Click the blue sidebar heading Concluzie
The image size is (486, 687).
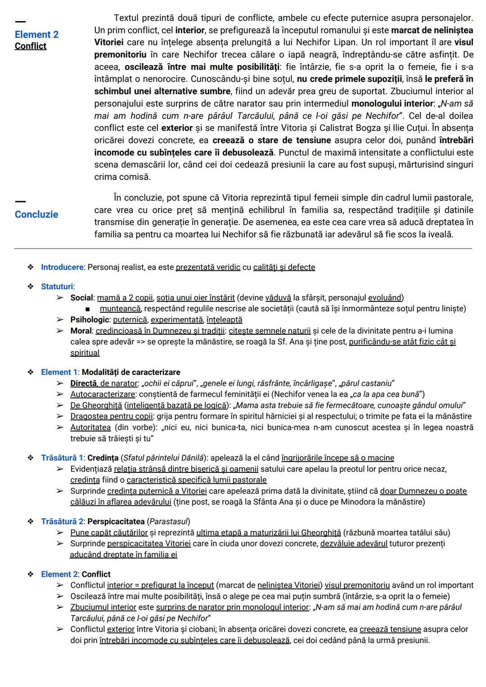tap(36, 214)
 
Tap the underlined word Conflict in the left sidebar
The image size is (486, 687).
tap(30, 46)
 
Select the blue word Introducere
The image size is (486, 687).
tap(62, 267)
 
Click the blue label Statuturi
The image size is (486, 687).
tap(57, 287)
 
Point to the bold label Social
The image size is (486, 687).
tap(82, 298)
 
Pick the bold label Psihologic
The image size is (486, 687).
tap(90, 320)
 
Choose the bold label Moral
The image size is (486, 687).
tap(81, 331)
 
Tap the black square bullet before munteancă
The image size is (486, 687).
tap(87, 309)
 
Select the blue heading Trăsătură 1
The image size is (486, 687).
tap(62, 458)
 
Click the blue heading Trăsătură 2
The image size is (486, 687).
tap(62, 522)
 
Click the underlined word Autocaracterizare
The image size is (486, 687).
tap(103, 395)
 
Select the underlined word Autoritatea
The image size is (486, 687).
tap(90, 427)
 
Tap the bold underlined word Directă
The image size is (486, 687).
tap(83, 384)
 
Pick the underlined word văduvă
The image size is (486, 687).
tap(278, 298)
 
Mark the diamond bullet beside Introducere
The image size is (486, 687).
tap(31, 267)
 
